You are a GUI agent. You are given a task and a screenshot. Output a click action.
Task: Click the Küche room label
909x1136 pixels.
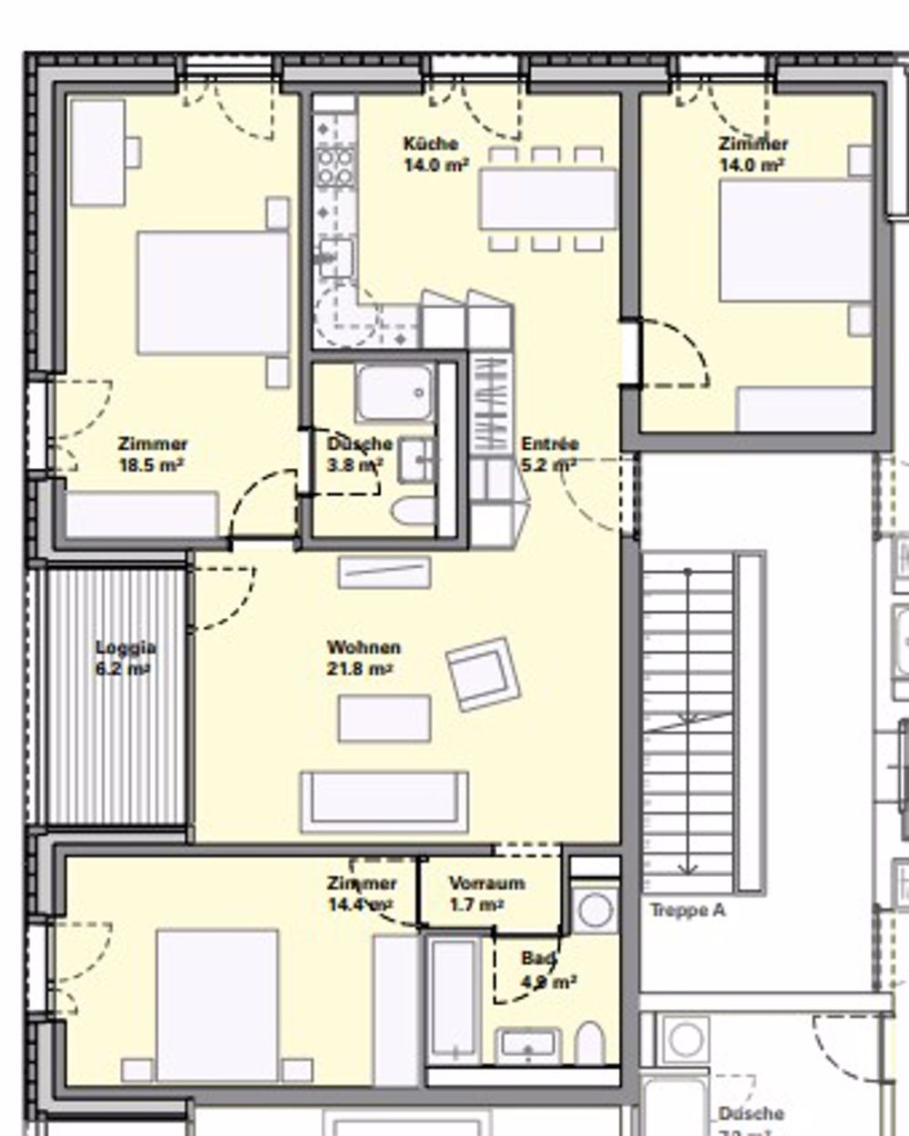pos(431,144)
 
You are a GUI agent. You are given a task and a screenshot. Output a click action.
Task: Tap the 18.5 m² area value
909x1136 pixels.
pos(152,465)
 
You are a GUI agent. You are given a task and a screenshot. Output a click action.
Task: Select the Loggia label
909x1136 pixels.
pos(125,648)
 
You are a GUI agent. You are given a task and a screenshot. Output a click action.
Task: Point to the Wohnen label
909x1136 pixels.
pos(364,648)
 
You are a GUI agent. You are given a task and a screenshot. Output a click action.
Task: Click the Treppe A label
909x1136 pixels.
pos(687,911)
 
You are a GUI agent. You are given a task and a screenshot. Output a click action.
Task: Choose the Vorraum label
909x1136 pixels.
pos(486,883)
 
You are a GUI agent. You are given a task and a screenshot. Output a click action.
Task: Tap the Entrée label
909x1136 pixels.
pos(550,444)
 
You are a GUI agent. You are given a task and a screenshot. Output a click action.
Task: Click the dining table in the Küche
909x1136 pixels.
pos(548,199)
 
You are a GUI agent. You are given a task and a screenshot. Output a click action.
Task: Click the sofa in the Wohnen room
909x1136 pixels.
pos(385,800)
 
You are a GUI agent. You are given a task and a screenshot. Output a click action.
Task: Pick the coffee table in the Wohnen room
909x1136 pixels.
pos(385,718)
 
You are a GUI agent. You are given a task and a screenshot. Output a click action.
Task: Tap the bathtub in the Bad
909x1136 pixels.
pos(454,1000)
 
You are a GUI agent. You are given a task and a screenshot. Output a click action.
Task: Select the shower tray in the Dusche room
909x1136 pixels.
pos(395,393)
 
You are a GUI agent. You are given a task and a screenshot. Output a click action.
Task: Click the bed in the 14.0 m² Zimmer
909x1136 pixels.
pos(795,241)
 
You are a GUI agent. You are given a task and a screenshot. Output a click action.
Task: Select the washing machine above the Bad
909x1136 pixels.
pos(595,910)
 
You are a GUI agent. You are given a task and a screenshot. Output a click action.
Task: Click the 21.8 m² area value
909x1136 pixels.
pos(359,670)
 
